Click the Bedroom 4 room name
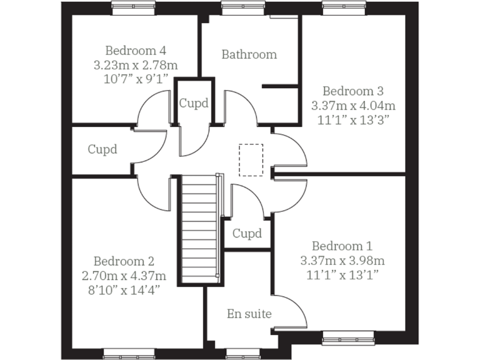[x=136, y=50]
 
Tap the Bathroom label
[x=249, y=54]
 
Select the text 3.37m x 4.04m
[x=353, y=105]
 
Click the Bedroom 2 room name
[x=124, y=261]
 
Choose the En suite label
[x=249, y=313]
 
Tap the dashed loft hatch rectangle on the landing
[x=251, y=159]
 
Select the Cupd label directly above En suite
[x=247, y=234]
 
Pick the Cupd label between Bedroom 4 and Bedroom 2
[x=102, y=149]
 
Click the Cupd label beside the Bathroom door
[x=194, y=102]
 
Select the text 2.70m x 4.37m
[x=124, y=276]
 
